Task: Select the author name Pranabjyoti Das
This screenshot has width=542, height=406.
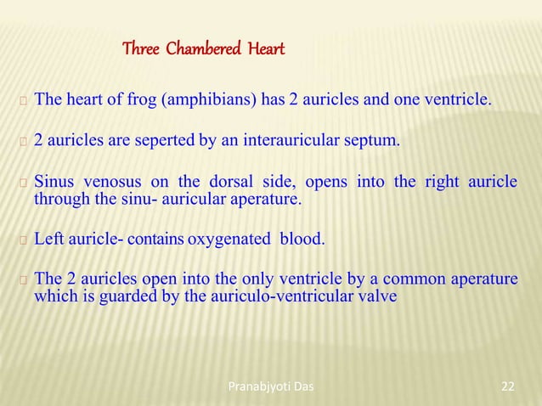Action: pyautogui.click(x=272, y=387)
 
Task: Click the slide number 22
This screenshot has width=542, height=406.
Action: pyautogui.click(x=508, y=387)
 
